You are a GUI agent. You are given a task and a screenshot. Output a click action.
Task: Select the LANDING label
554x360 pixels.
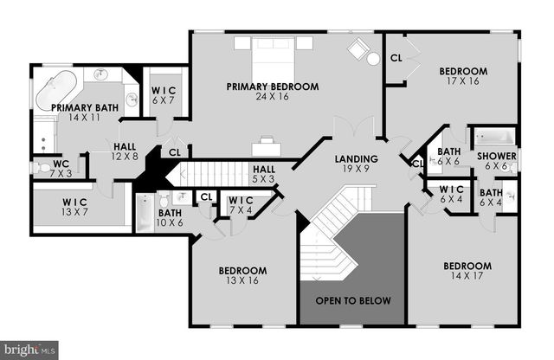(357, 159)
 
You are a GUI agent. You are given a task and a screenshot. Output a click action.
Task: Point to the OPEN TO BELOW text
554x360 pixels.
(353, 300)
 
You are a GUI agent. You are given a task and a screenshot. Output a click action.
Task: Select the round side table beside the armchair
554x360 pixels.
(374, 58)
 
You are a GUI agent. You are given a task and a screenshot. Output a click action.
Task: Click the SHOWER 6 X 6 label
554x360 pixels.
(497, 161)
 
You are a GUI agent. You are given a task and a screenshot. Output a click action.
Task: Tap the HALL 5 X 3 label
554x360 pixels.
(264, 173)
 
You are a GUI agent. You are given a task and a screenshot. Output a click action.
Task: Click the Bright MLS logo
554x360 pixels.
(29, 349)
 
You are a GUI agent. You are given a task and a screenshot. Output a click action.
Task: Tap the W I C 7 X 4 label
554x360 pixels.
(241, 205)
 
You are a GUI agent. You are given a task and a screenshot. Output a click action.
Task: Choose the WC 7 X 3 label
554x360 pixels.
(61, 167)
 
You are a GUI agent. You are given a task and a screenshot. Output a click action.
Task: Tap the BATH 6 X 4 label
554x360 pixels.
(491, 198)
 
